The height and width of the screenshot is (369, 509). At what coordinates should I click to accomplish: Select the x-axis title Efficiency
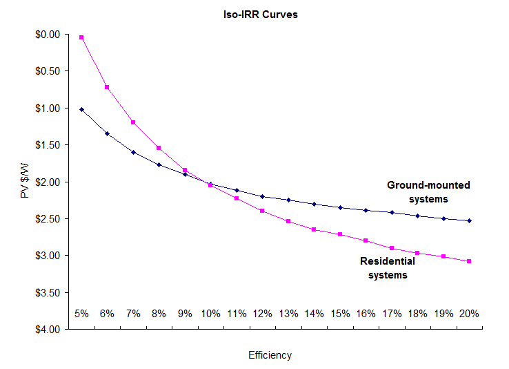click(x=270, y=355)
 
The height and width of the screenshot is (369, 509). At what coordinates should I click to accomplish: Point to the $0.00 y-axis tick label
click(x=47, y=34)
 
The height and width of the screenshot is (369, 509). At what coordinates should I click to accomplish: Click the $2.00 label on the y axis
click(x=47, y=182)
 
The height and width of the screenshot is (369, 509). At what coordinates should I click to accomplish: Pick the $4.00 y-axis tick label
click(x=47, y=330)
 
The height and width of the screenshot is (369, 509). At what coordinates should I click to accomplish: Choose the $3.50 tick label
click(x=47, y=292)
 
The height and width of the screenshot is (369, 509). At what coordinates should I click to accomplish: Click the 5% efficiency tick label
click(x=81, y=313)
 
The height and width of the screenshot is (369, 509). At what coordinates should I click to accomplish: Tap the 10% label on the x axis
click(x=210, y=313)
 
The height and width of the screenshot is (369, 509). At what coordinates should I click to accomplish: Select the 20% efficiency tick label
click(x=469, y=313)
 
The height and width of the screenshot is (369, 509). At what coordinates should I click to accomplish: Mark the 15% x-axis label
click(x=340, y=313)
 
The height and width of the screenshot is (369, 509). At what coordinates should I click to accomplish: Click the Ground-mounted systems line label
click(x=428, y=192)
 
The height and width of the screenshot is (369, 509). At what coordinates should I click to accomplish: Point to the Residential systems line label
click(x=388, y=268)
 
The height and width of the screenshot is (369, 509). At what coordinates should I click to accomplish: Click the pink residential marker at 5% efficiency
click(x=81, y=37)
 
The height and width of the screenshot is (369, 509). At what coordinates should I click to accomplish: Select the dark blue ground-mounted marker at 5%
click(x=81, y=109)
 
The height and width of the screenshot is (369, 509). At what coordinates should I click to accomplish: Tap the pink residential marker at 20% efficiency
click(x=469, y=261)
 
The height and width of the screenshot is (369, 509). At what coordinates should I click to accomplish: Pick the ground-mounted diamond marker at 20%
click(x=469, y=221)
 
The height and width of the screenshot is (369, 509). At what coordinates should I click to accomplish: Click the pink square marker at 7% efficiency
click(x=133, y=122)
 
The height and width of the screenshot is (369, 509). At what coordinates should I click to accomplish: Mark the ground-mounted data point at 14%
click(x=314, y=204)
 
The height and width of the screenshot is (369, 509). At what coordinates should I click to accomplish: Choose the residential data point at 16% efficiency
click(x=366, y=240)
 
